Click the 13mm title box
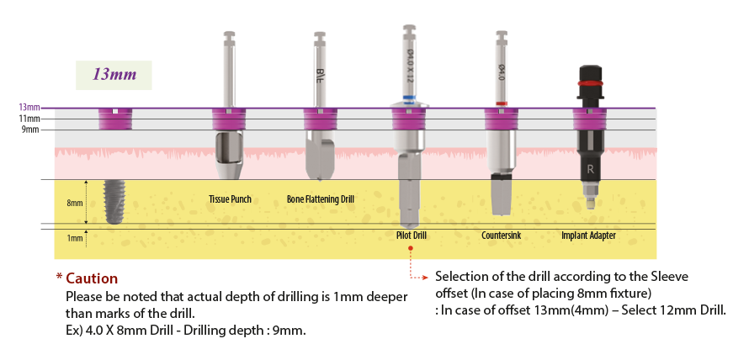(114, 75)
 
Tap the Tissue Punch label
(230, 199)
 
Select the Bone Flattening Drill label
(320, 199)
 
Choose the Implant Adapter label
(588, 236)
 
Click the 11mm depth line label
(30, 119)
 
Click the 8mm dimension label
(75, 203)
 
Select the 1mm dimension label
(75, 239)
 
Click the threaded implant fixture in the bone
(113, 202)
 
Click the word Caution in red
(92, 278)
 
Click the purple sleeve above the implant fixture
(113, 120)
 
